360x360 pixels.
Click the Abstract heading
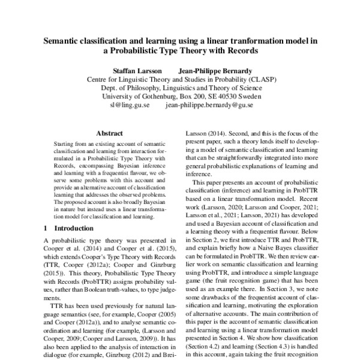[x=109, y=133]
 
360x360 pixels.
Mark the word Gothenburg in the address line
[x=155, y=95]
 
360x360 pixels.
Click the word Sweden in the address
[x=248, y=95]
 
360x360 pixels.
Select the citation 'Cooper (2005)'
[x=153, y=315]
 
